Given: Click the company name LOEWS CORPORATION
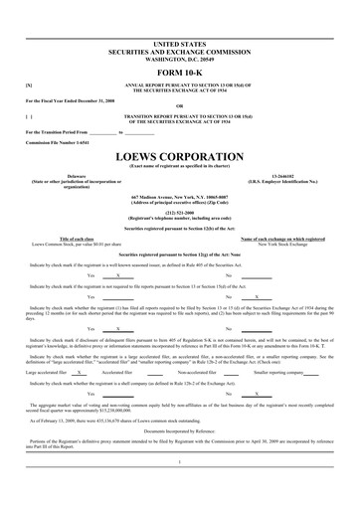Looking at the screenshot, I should coord(179,157).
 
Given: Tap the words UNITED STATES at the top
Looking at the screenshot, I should coord(179,45).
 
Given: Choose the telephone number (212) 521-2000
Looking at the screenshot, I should coord(179,211).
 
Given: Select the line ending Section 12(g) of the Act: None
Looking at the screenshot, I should coord(179,255).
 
